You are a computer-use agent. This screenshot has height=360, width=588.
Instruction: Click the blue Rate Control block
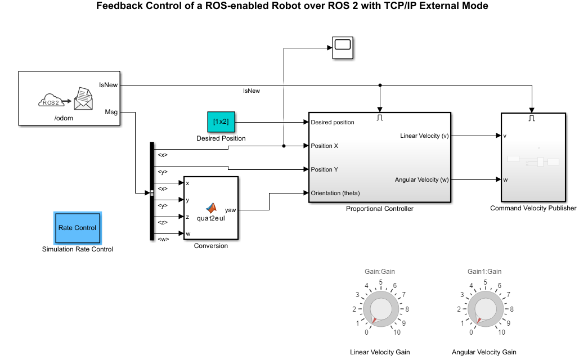(x=77, y=228)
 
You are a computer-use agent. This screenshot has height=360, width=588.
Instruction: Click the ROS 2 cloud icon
(x=51, y=101)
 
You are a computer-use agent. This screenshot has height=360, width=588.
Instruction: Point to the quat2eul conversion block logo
(x=211, y=209)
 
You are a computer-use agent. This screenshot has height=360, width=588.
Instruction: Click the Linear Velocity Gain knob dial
(x=380, y=310)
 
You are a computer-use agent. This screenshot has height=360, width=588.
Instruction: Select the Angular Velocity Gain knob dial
(x=484, y=310)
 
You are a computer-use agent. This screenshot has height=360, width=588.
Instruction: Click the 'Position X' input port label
(x=325, y=146)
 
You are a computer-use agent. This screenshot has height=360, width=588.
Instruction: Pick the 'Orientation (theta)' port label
(x=335, y=193)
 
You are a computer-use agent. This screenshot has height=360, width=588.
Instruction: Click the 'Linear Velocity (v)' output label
(x=424, y=136)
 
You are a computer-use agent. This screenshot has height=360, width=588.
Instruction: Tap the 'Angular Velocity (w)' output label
(x=421, y=179)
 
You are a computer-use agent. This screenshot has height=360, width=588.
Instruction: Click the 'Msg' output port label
(x=111, y=112)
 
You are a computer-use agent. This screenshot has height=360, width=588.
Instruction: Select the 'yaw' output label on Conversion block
(x=231, y=210)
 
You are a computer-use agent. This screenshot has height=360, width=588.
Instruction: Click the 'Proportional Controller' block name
(x=380, y=209)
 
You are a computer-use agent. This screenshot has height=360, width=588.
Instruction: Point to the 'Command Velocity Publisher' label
(x=533, y=208)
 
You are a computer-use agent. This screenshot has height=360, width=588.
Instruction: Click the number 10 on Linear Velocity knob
(x=397, y=332)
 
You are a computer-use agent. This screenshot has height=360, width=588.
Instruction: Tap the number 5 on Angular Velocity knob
(x=485, y=282)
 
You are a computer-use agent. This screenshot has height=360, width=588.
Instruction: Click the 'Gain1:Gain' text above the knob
(x=484, y=271)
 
